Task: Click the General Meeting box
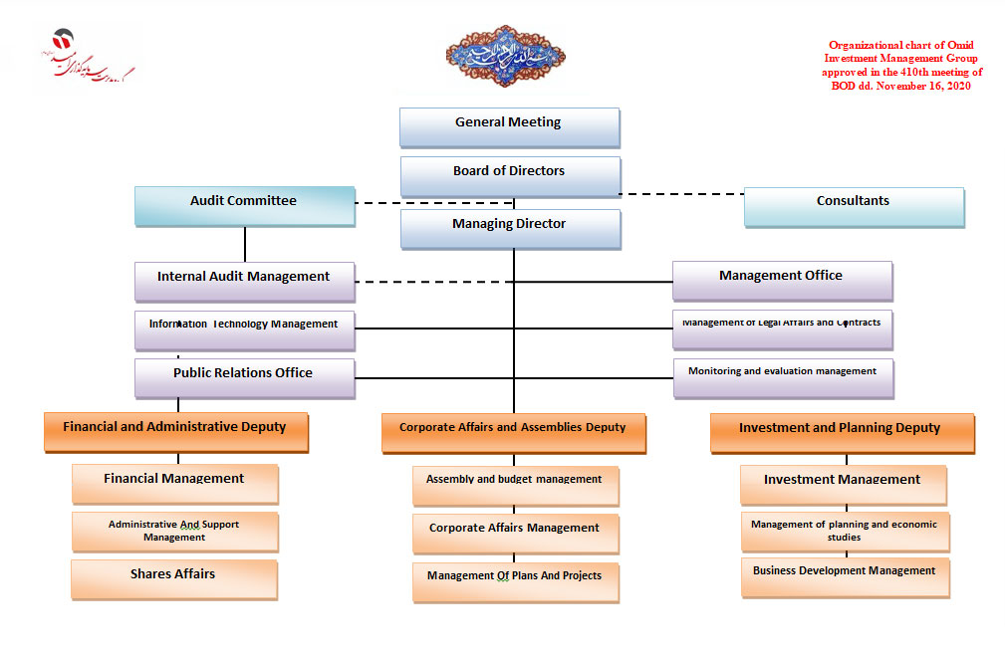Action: click(509, 126)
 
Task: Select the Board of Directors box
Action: click(510, 175)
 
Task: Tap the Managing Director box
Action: click(510, 228)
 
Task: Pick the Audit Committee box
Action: click(244, 205)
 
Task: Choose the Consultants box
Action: click(854, 206)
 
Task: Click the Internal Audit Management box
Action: click(244, 281)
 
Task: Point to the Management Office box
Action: click(782, 280)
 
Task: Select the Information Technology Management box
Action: click(244, 328)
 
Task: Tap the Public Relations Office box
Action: click(244, 377)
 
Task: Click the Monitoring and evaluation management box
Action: click(783, 376)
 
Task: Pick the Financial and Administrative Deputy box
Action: click(175, 431)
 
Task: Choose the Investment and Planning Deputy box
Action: click(841, 432)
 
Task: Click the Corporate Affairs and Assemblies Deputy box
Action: click(513, 432)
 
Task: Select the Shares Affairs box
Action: click(173, 578)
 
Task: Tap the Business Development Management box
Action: click(845, 575)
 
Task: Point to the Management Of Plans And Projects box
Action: click(515, 580)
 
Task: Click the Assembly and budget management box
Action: click(515, 484)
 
